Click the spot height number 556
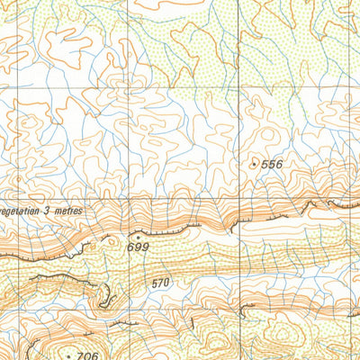coord(272,164)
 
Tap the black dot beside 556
coord(253,165)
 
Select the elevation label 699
coord(138,247)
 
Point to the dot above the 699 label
coord(138,237)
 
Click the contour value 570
coord(161,283)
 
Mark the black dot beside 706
coord(68,355)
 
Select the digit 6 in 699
coord(130,247)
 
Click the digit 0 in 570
coord(167,283)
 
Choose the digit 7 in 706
coord(80,355)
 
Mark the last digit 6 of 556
coord(279,164)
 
